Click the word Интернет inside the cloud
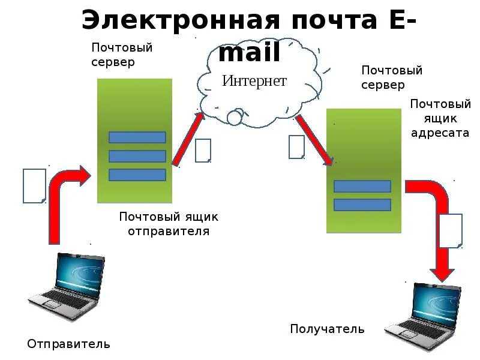[x=254, y=81]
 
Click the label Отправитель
[x=68, y=344]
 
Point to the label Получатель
[x=327, y=329]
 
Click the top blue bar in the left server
[x=137, y=137]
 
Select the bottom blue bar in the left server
[x=137, y=175]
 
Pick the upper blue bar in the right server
[x=362, y=186]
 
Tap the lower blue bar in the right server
[x=362, y=205]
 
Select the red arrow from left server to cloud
[x=188, y=139]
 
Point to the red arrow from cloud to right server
[x=314, y=139]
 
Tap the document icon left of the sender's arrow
[x=34, y=185]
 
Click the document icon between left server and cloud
[x=203, y=151]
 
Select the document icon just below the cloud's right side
[x=296, y=147]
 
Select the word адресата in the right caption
[x=440, y=133]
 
